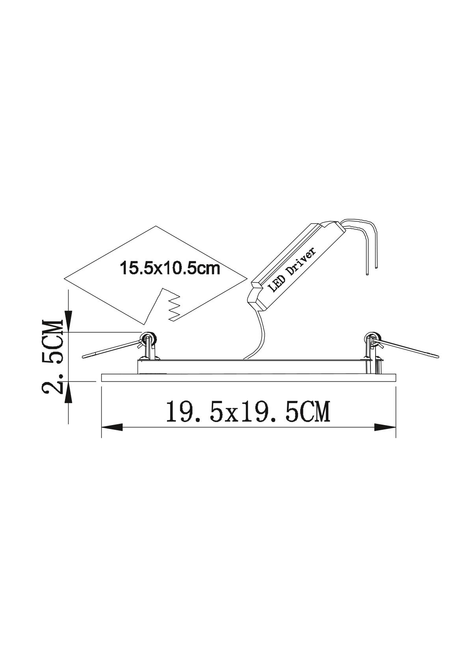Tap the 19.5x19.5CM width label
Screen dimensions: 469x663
(248, 412)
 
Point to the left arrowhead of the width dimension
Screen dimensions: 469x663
(112, 427)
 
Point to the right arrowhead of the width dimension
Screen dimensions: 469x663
(385, 427)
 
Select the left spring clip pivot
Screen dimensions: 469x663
(148, 338)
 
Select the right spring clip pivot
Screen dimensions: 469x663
(372, 338)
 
